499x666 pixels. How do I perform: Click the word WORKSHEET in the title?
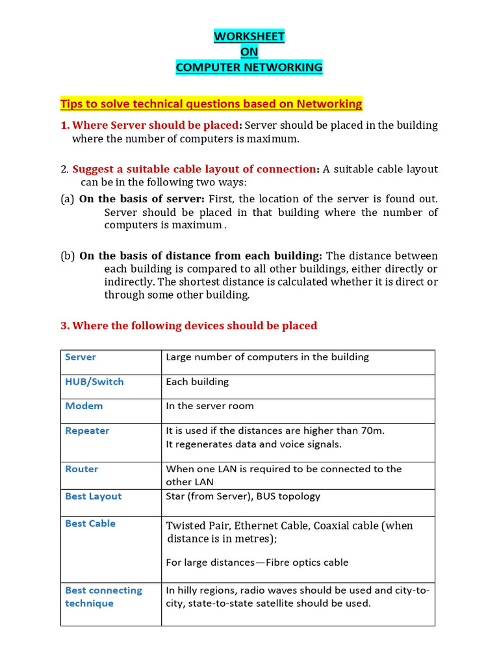pyautogui.click(x=249, y=37)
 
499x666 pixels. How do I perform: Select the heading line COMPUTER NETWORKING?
pyautogui.click(x=249, y=67)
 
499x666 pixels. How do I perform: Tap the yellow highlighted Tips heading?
pyautogui.click(x=211, y=104)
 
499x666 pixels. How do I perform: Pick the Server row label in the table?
pyautogui.click(x=81, y=357)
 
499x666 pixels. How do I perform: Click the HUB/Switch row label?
pyautogui.click(x=94, y=382)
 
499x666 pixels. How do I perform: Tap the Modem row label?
pyautogui.click(x=84, y=406)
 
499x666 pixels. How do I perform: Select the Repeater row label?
pyautogui.click(x=87, y=431)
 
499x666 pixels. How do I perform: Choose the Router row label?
pyautogui.click(x=82, y=469)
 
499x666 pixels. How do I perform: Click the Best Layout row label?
pyautogui.click(x=93, y=496)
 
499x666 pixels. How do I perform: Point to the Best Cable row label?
pyautogui.click(x=90, y=524)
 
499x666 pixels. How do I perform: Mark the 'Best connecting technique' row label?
pyautogui.click(x=103, y=597)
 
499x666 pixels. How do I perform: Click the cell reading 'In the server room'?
pyautogui.click(x=210, y=406)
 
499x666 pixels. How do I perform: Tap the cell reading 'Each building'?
pyautogui.click(x=198, y=382)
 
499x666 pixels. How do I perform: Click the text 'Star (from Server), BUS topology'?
pyautogui.click(x=243, y=496)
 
